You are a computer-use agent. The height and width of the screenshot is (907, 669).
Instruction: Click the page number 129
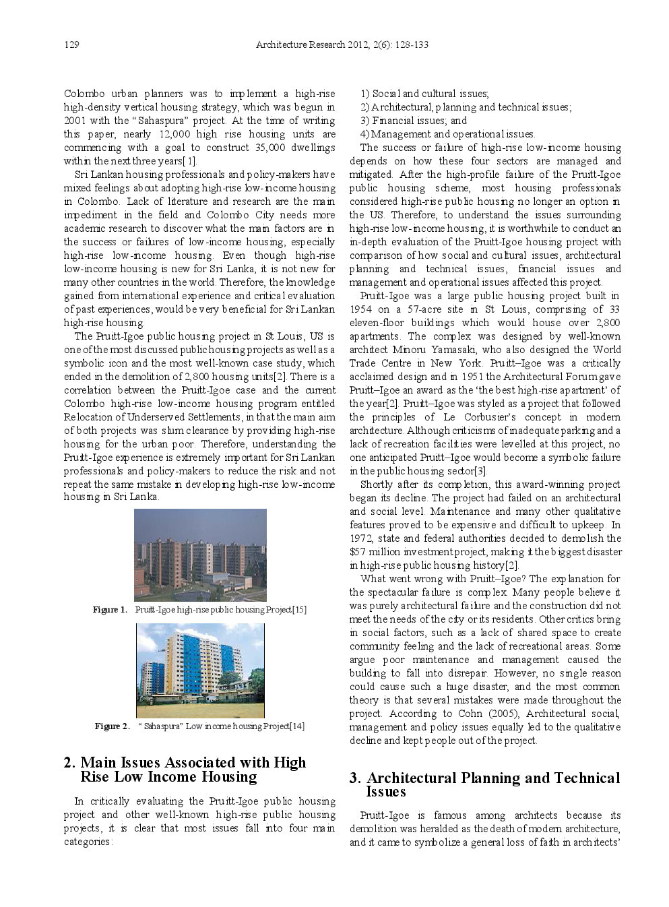point(71,44)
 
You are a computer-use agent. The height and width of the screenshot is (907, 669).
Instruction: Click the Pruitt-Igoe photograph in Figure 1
point(200,555)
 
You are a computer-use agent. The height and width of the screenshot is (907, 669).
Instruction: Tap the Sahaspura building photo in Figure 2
point(200,670)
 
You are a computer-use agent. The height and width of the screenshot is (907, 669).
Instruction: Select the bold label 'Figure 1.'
point(110,610)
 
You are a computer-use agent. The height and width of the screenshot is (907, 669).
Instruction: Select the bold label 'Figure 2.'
point(112,726)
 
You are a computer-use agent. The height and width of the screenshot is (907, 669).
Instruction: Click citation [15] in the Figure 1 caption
point(299,610)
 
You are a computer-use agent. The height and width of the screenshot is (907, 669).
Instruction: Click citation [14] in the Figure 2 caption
point(297,726)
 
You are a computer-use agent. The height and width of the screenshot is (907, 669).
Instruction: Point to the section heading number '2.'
point(69,763)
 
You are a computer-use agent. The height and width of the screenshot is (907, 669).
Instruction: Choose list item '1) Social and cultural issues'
point(425,94)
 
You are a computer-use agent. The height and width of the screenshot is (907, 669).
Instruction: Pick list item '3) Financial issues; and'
point(414,121)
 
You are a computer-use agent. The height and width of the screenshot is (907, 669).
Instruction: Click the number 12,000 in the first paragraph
point(174,134)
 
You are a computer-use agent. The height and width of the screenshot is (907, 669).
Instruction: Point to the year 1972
point(361,538)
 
